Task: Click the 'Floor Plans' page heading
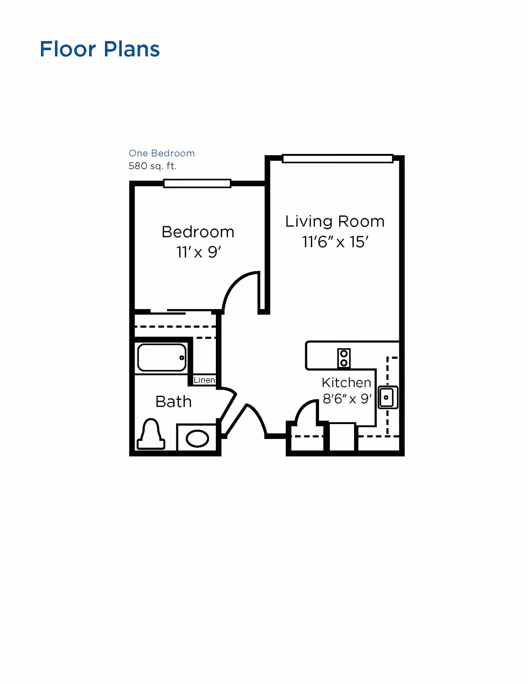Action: (99, 49)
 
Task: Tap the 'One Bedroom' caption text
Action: (161, 153)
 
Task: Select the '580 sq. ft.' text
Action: (152, 166)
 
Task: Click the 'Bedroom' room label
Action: (198, 232)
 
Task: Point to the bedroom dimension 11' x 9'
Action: (198, 252)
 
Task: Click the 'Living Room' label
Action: (335, 221)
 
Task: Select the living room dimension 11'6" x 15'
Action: (335, 242)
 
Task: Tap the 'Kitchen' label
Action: (346, 382)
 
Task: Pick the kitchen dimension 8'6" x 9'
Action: (347, 399)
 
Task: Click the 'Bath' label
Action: (173, 402)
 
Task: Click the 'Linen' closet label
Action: (204, 380)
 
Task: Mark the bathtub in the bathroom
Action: (161, 358)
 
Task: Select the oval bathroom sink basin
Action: (197, 439)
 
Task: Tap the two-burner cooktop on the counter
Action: (344, 358)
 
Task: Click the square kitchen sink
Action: (387, 397)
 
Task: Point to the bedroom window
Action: (197, 183)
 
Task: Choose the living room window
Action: (338, 159)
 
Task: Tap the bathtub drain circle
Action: (181, 358)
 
